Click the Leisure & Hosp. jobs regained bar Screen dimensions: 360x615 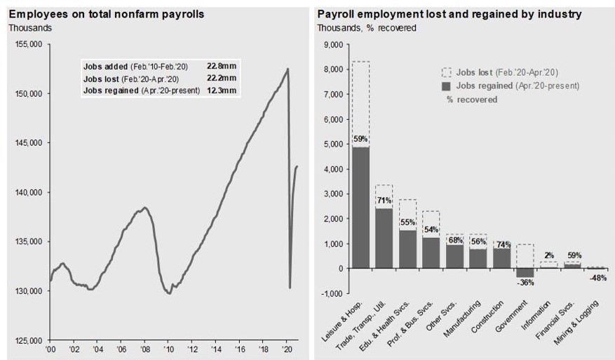pos(360,208)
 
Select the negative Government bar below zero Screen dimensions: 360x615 pos(525,273)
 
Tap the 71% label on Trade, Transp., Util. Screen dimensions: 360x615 pos(384,201)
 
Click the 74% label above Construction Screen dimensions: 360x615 pos(502,245)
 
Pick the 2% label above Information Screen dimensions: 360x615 pos(549,255)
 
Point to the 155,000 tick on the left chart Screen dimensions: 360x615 pos(29,44)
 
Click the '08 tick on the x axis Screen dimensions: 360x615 pos(144,348)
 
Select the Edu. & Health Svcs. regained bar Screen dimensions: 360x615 pos(408,249)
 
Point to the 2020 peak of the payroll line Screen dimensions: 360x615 pos(288,68)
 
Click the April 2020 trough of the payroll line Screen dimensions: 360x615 pos(290,287)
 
